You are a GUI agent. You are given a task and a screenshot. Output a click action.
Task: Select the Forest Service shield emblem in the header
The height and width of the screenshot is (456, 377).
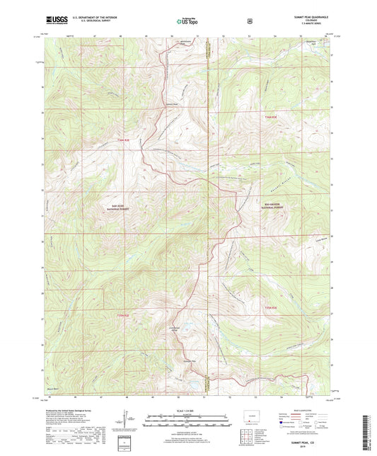pos(250,21)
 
